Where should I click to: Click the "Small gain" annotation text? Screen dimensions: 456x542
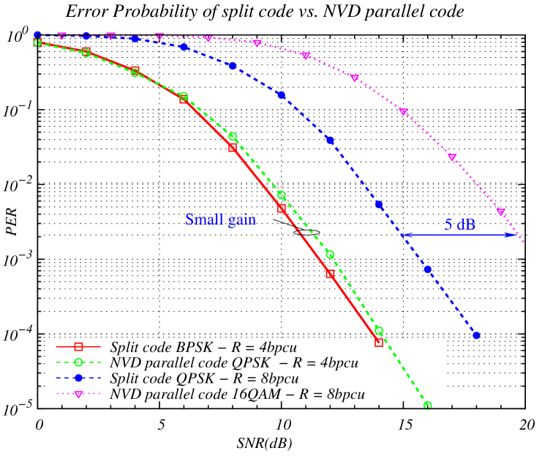click(x=220, y=220)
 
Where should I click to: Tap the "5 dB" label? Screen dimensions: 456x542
click(x=460, y=225)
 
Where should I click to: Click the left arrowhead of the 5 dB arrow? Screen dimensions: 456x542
click(x=404, y=235)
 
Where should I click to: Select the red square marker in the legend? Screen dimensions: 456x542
click(x=78, y=346)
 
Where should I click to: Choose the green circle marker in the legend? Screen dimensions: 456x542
click(x=78, y=362)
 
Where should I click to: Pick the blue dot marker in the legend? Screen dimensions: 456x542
click(x=78, y=378)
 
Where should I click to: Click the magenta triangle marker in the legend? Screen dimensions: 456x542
click(x=78, y=394)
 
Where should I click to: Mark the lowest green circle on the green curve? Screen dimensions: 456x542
click(x=428, y=405)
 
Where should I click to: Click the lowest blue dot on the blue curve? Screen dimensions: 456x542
click(x=476, y=335)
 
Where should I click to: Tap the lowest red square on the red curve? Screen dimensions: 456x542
click(x=379, y=342)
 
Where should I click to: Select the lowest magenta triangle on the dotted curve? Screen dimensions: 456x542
click(x=501, y=212)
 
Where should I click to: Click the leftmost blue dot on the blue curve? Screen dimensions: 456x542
click(x=37, y=34)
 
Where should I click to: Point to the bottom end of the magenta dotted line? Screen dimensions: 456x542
click(x=524, y=242)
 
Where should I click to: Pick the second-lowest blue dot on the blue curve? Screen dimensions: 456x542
click(x=428, y=269)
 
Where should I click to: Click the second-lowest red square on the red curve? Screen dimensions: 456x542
click(x=330, y=274)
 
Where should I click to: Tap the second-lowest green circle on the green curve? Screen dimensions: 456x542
click(x=379, y=330)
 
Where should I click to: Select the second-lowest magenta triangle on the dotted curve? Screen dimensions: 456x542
click(x=452, y=157)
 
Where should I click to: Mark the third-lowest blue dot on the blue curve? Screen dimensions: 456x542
click(x=379, y=205)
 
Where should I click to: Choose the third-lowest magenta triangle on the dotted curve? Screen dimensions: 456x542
click(x=403, y=112)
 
